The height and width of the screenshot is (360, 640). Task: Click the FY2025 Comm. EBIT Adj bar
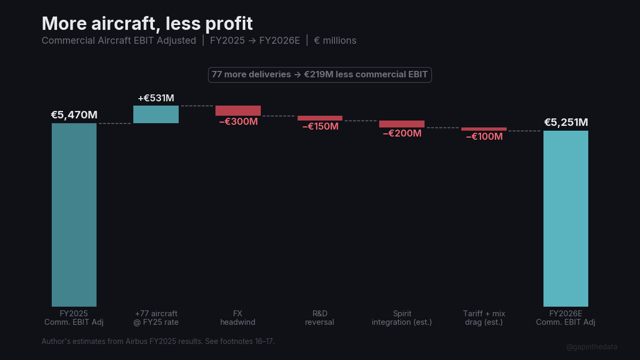click(x=74, y=214)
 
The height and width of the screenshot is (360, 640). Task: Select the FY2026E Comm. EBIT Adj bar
click(x=565, y=218)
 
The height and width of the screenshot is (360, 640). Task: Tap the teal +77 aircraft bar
click(x=156, y=114)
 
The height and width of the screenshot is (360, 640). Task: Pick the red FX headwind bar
click(x=238, y=110)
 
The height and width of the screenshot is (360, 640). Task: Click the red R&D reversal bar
click(x=320, y=118)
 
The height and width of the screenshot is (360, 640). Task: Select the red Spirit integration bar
click(x=402, y=124)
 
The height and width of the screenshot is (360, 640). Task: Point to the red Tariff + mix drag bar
click(x=484, y=129)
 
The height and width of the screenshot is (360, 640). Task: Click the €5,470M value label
click(x=74, y=115)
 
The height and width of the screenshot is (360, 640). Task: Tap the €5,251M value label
click(x=566, y=122)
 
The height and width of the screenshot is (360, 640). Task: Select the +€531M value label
click(x=156, y=98)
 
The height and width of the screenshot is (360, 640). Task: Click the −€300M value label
click(x=238, y=122)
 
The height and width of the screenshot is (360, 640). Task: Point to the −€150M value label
click(x=320, y=126)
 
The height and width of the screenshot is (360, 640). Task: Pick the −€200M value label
click(x=402, y=133)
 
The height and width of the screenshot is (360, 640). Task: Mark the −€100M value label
click(x=484, y=137)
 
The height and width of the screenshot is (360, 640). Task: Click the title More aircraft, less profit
click(x=147, y=23)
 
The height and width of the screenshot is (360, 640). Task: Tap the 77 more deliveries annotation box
click(x=319, y=75)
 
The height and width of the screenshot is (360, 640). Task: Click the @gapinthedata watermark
click(x=591, y=347)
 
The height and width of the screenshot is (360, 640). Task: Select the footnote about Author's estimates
click(x=158, y=341)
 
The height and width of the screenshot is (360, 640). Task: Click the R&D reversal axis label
click(x=319, y=318)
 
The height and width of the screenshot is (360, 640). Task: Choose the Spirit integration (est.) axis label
click(x=402, y=318)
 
